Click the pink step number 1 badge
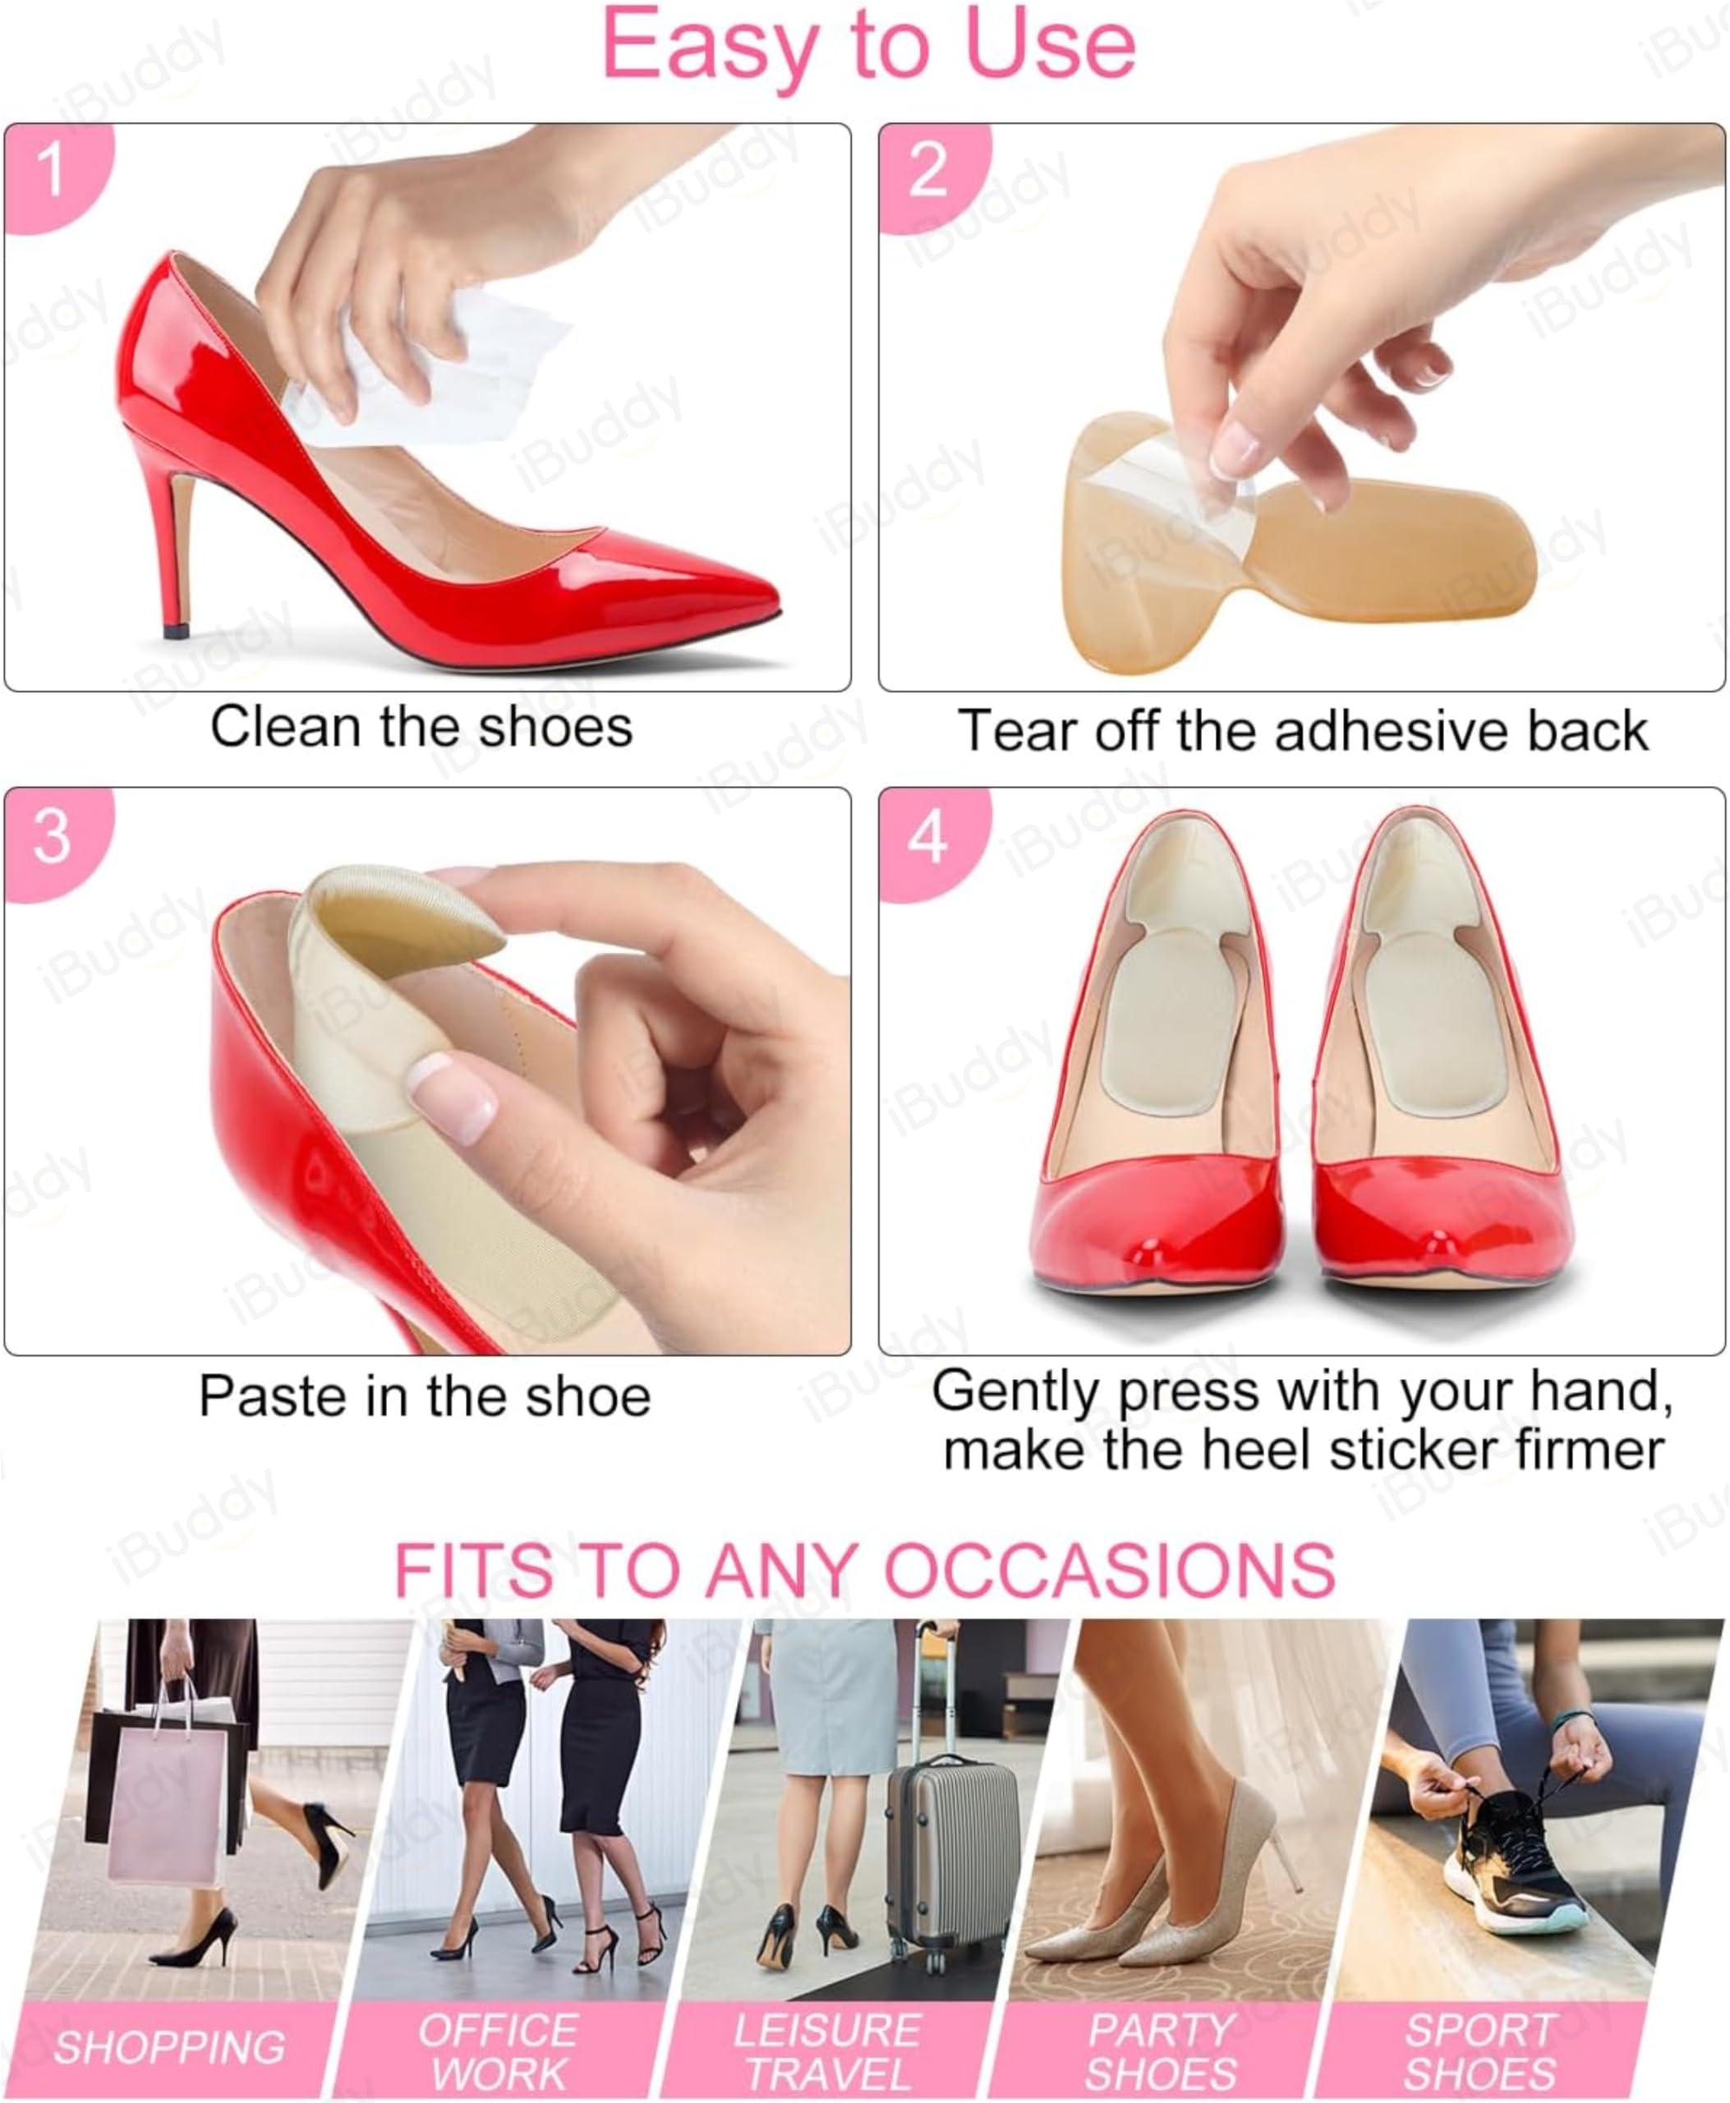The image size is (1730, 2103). pyautogui.click(x=50, y=172)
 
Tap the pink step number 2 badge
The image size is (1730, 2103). pyautogui.click(x=927, y=172)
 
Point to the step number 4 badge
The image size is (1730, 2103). pyautogui.click(x=927, y=837)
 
